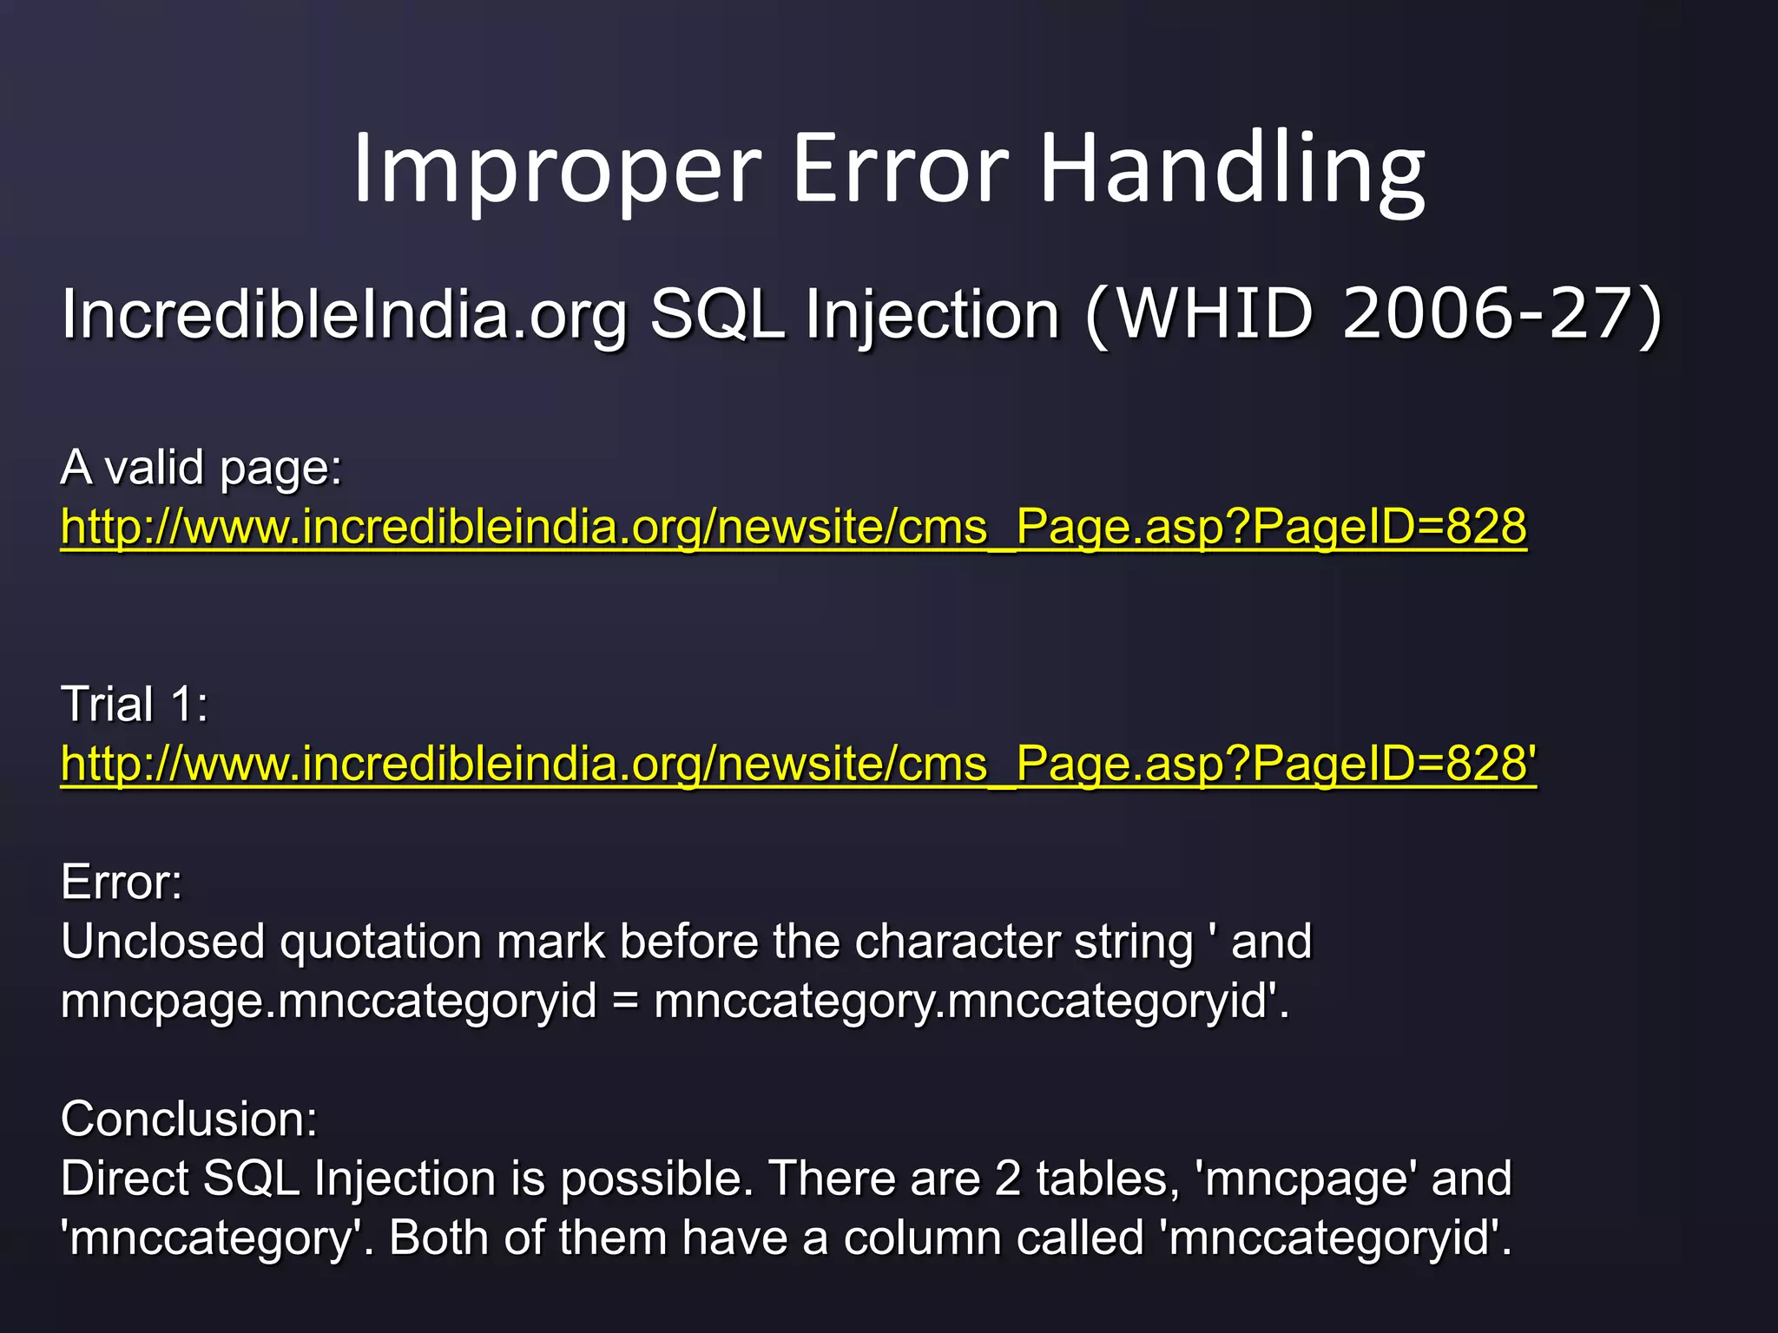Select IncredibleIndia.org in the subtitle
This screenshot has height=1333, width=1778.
click(x=344, y=314)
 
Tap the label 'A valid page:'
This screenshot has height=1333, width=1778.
click(x=201, y=468)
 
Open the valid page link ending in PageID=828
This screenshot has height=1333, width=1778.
click(x=794, y=527)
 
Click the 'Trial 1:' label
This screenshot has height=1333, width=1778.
click(x=135, y=704)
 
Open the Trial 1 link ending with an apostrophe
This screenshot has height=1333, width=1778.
click(x=798, y=764)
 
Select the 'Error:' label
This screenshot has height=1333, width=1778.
click(x=122, y=883)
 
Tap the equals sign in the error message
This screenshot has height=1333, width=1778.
click(x=625, y=1001)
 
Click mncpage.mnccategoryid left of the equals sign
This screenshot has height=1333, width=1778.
click(x=329, y=1001)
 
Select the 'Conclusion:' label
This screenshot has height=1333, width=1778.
click(x=189, y=1120)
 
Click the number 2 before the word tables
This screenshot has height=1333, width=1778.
click(x=1007, y=1179)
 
